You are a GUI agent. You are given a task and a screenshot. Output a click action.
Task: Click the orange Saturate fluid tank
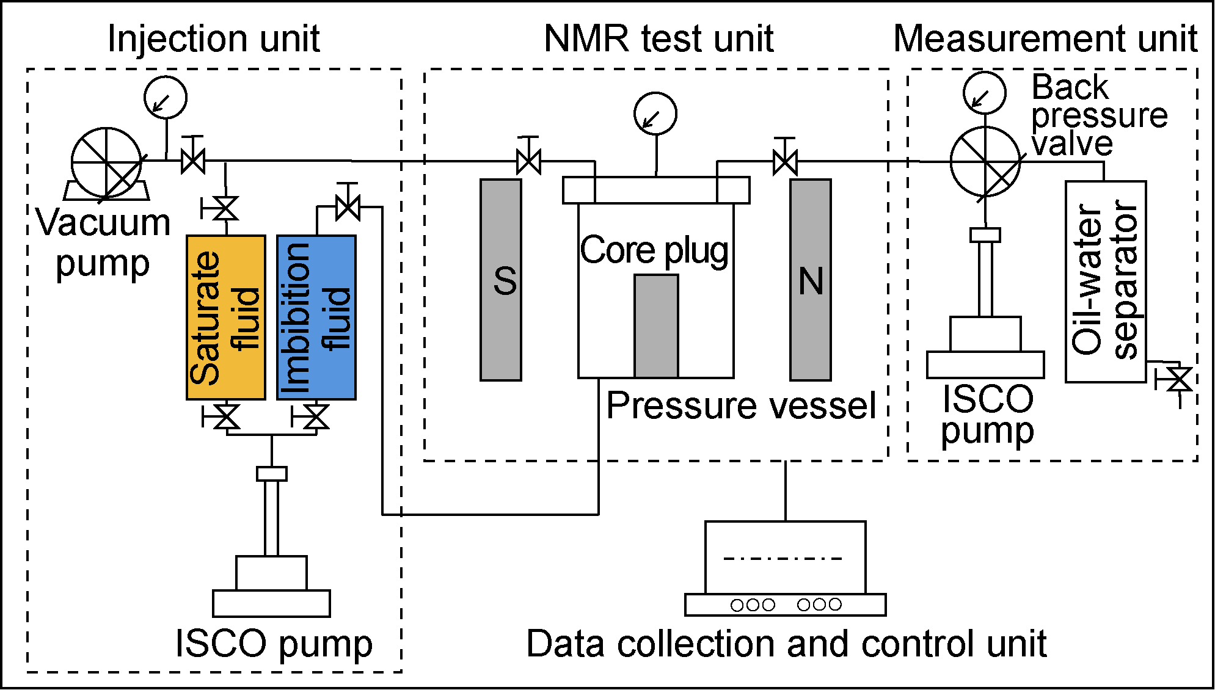226,318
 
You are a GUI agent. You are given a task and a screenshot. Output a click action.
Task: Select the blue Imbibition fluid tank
316,318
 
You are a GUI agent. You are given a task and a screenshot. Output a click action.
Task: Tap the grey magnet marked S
501,280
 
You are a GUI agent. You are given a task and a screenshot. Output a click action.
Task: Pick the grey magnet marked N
811,280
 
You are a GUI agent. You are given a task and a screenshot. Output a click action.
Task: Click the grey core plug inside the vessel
656,326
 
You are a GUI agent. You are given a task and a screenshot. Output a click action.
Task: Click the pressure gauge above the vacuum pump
166,97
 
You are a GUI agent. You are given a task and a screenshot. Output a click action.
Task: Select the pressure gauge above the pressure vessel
655,114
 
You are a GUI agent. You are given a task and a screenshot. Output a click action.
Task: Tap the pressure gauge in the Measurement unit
985,93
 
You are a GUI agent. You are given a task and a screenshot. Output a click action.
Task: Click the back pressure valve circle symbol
985,162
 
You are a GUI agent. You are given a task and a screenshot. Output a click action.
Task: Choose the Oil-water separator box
1106,281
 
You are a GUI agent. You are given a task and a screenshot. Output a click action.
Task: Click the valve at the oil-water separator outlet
1179,379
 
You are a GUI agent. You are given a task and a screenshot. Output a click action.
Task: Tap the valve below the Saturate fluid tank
227,418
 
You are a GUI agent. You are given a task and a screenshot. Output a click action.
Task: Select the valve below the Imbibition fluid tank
315,418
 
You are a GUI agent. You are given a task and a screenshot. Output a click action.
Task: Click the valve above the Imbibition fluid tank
348,208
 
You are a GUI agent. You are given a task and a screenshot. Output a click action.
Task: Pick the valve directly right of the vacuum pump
193,161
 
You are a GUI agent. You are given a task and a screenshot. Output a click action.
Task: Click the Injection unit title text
213,38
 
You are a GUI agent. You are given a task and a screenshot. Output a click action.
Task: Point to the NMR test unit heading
659,38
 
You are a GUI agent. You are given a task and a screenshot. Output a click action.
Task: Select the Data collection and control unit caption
786,644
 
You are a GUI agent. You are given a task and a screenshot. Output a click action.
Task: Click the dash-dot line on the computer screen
783,558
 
